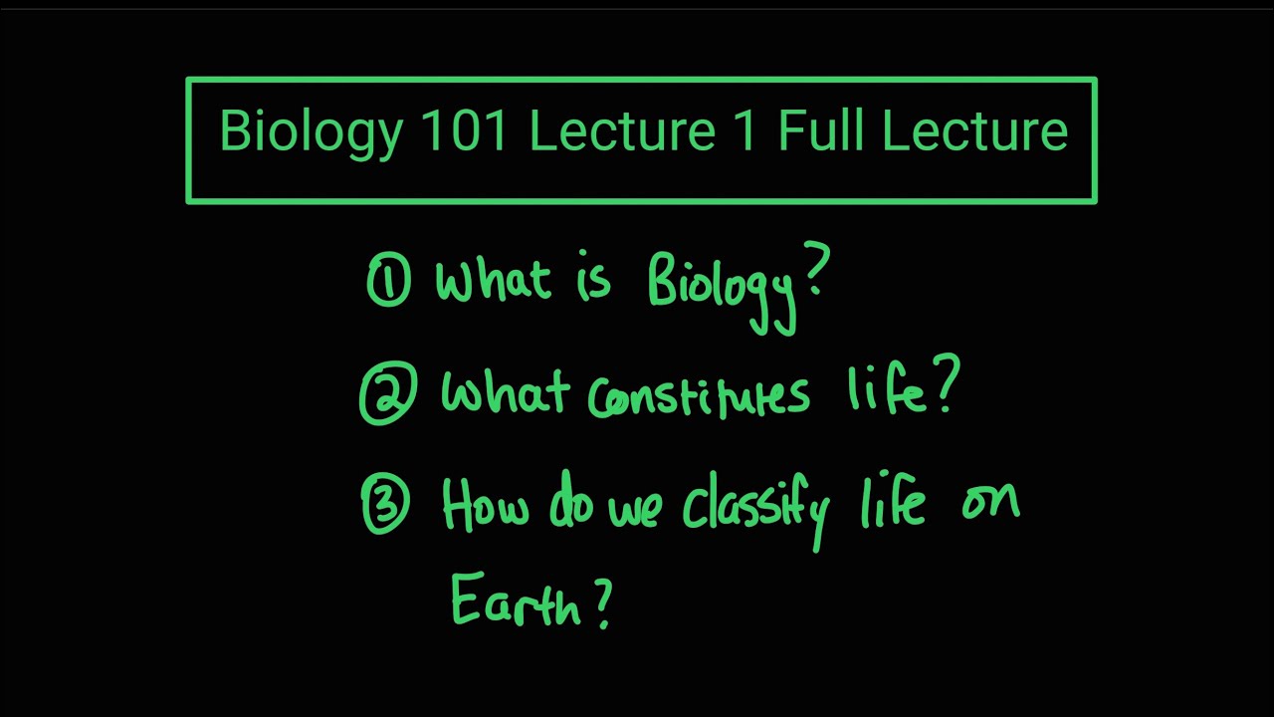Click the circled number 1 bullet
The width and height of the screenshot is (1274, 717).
pyautogui.click(x=388, y=280)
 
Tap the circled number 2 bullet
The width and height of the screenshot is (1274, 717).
pyautogui.click(x=384, y=395)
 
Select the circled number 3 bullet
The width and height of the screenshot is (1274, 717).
pyautogui.click(x=385, y=506)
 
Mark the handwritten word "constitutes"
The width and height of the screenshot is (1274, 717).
pyautogui.click(x=699, y=396)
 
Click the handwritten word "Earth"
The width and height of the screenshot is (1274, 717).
pyautogui.click(x=515, y=600)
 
